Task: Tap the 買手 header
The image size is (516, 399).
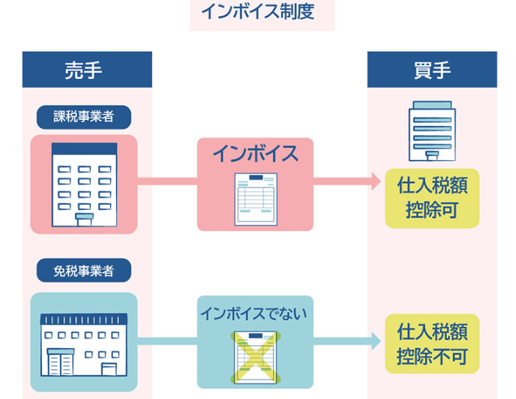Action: click(x=431, y=70)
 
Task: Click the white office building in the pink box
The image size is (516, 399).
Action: click(x=84, y=183)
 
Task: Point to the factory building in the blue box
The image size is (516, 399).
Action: click(x=84, y=342)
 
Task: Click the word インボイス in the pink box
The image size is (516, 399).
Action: click(x=255, y=154)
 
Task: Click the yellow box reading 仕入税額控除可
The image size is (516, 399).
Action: click(x=432, y=198)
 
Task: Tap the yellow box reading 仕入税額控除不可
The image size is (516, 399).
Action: click(x=432, y=343)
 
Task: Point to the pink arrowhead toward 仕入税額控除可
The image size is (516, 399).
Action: click(x=376, y=182)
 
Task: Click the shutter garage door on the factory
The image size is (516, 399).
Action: click(x=60, y=363)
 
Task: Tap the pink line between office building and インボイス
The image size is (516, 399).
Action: click(x=167, y=182)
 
